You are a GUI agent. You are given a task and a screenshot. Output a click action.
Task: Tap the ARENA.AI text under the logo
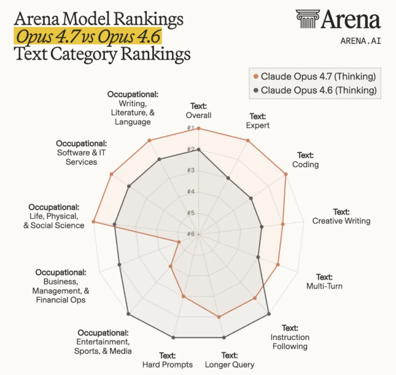coord(360,41)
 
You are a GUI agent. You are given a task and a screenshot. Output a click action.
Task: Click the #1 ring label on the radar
coord(191,128)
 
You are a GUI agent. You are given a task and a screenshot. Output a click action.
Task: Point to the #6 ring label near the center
coord(191,234)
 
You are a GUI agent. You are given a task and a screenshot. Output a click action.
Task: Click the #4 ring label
coord(191,192)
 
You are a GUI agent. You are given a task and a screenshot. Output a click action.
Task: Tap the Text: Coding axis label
coord(305,160)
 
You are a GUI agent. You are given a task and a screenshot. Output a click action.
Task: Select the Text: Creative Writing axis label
coord(341,216)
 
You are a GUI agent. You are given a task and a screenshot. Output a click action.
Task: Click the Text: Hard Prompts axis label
coord(168,360)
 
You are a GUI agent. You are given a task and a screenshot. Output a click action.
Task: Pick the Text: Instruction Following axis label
coord(290,337)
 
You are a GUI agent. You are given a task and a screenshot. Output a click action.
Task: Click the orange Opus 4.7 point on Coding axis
coord(286,174)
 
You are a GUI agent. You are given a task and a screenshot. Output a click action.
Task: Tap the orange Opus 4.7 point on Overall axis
coord(198,128)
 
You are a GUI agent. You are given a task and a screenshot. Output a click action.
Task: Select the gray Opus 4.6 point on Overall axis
coord(198,149)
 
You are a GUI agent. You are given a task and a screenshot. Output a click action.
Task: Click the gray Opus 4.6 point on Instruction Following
coord(268,314)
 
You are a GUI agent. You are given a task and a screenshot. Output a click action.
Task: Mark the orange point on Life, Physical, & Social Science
coord(94,221)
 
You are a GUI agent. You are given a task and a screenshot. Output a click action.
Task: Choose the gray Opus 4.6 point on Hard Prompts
coord(174,337)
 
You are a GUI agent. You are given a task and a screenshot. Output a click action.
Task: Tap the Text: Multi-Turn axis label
coord(324,282)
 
